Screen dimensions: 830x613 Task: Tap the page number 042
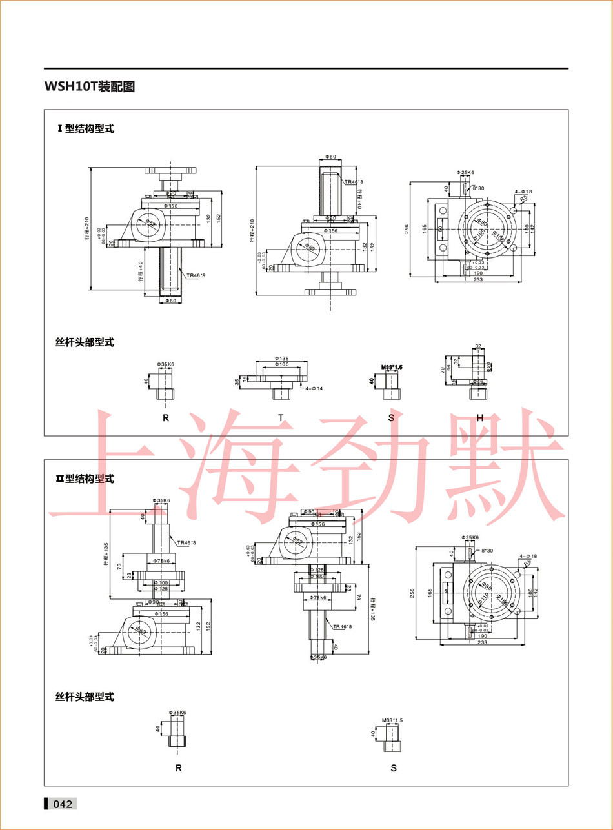pyautogui.click(x=63, y=804)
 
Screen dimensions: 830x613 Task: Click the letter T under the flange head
pyautogui.click(x=281, y=418)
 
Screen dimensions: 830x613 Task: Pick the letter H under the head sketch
pyautogui.click(x=479, y=418)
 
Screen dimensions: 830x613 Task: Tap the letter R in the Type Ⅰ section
pyautogui.click(x=166, y=418)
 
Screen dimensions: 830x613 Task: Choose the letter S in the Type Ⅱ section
pyautogui.click(x=394, y=767)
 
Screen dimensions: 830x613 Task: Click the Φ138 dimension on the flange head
pyautogui.click(x=281, y=357)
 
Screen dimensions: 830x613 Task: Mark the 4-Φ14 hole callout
pyautogui.click(x=315, y=388)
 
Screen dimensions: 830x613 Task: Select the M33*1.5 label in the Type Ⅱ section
pyautogui.click(x=392, y=720)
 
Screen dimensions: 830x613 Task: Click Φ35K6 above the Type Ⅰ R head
pyautogui.click(x=166, y=364)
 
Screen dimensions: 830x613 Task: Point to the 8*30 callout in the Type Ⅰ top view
pyautogui.click(x=479, y=188)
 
